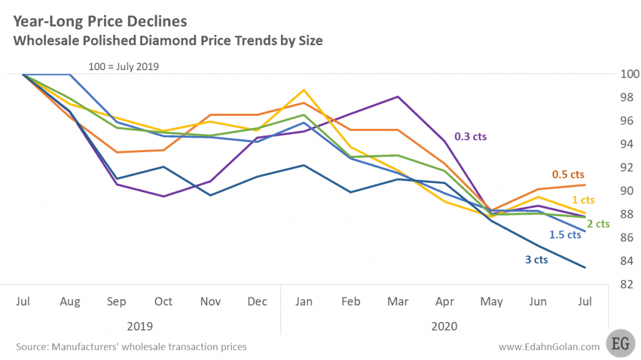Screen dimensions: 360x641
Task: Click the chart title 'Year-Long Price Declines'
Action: pyautogui.click(x=100, y=21)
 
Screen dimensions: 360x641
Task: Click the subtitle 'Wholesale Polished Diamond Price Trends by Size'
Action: pyautogui.click(x=167, y=41)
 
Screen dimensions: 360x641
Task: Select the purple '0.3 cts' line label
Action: pyautogui.click(x=469, y=136)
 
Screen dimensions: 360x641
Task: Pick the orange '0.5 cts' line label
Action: pyautogui.click(x=568, y=174)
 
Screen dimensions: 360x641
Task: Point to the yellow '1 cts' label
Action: pyautogui.click(x=583, y=200)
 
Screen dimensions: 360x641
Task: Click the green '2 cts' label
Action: pyautogui.click(x=598, y=224)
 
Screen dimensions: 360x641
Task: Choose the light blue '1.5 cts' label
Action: pyautogui.click(x=565, y=235)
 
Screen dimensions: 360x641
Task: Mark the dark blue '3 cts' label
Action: pyautogui.click(x=536, y=259)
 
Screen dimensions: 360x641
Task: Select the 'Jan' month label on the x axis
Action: pyautogui.click(x=304, y=302)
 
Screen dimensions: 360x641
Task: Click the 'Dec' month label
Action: pyautogui.click(x=257, y=302)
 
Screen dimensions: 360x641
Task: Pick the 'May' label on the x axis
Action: pyautogui.click(x=491, y=302)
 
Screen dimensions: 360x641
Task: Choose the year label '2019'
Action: pyautogui.click(x=140, y=326)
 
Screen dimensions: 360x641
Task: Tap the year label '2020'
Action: pyautogui.click(x=444, y=326)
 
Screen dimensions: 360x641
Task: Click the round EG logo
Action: pyautogui.click(x=621, y=345)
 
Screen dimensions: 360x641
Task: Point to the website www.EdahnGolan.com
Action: pyautogui.click(x=548, y=346)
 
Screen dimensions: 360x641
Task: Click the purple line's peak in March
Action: pyautogui.click(x=397, y=97)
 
